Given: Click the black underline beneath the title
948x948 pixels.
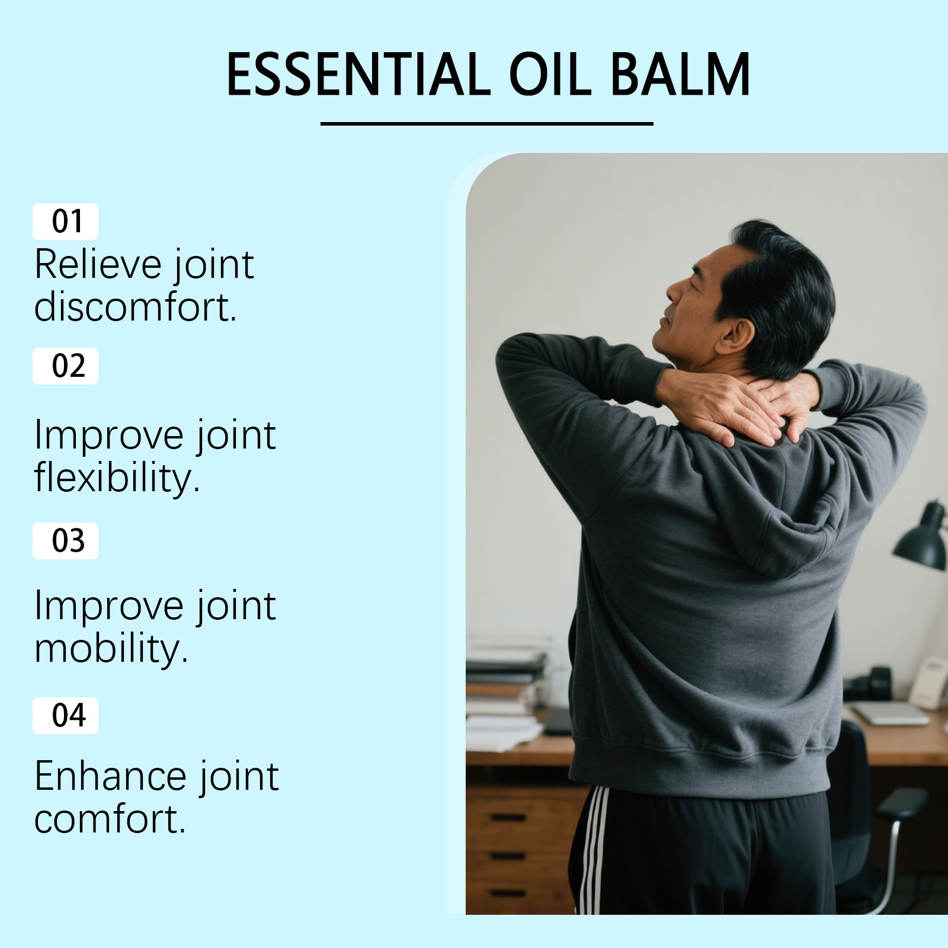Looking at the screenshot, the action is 486,124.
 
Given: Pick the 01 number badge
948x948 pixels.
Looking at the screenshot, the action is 65,222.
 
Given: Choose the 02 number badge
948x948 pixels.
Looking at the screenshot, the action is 65,366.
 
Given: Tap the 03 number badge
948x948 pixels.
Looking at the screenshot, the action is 65,541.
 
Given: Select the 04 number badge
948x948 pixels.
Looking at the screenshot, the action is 65,716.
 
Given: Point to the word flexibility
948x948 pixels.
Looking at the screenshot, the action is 117,478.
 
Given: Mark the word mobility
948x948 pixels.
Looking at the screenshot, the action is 111,648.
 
